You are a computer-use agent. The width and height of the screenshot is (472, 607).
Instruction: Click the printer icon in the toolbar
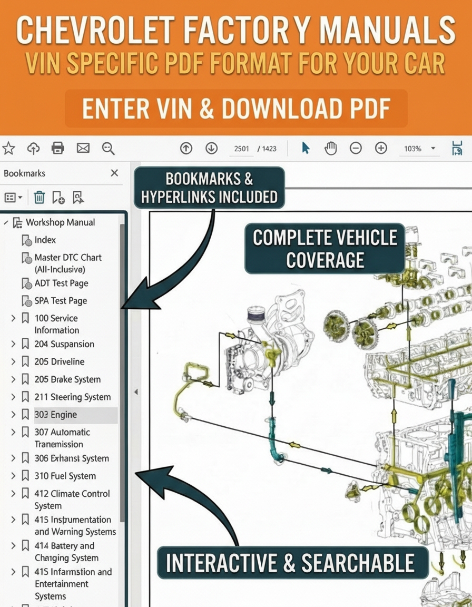click(x=57, y=148)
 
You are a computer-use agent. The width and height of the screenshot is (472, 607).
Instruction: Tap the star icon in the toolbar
click(x=8, y=148)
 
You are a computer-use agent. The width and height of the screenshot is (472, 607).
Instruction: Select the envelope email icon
click(x=83, y=148)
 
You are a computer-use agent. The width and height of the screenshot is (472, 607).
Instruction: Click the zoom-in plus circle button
click(x=381, y=148)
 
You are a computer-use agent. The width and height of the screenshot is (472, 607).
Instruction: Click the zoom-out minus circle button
click(x=356, y=148)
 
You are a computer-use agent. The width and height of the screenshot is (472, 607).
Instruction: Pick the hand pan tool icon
click(x=331, y=148)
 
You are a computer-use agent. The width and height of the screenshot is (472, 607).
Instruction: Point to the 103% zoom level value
click(x=412, y=149)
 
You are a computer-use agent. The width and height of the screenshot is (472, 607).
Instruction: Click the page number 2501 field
click(x=241, y=149)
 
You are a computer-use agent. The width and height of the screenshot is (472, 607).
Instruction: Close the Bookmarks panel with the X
click(x=114, y=173)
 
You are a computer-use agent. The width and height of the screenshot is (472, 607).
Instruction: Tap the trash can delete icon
click(x=39, y=198)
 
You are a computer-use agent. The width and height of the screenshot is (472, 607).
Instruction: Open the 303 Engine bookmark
click(x=56, y=415)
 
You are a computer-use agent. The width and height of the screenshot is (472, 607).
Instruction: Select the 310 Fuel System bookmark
click(x=65, y=476)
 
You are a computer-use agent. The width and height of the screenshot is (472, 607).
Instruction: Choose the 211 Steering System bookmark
click(x=73, y=397)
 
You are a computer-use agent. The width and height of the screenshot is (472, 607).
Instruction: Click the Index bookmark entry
click(x=45, y=240)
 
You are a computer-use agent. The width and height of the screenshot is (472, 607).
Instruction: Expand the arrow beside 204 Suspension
click(x=13, y=344)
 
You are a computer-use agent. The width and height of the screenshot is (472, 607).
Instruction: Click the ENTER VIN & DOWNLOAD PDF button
click(x=236, y=109)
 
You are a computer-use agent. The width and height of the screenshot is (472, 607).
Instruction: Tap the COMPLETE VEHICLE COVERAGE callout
click(x=325, y=248)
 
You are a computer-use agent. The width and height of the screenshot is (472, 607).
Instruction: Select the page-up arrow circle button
click(x=186, y=148)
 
